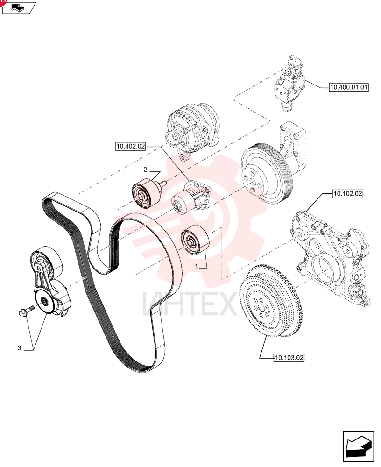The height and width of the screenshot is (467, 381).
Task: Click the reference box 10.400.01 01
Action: (348, 87)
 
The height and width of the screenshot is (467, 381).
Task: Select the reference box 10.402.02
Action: (130, 146)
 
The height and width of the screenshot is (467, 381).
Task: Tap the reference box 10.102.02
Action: (348, 194)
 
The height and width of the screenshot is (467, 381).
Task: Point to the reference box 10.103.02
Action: (289, 357)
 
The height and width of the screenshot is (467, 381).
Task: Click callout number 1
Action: (196, 266)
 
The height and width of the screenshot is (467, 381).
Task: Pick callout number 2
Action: (145, 170)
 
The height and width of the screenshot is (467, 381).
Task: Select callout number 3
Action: (19, 348)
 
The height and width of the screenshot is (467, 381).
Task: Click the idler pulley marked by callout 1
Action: (195, 240)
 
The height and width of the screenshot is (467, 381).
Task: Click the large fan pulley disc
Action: (267, 174)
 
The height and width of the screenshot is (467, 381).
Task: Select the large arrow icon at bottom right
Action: (358, 446)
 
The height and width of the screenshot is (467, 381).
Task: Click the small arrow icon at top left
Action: (19, 7)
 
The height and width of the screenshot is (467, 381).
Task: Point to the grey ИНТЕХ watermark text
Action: (190, 304)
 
